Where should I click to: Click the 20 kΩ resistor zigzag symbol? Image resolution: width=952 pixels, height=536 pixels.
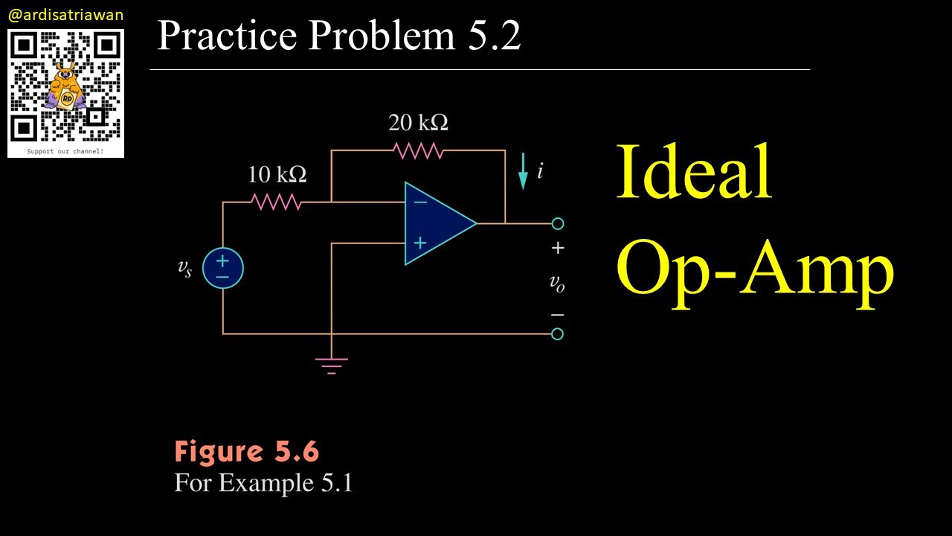(419, 150)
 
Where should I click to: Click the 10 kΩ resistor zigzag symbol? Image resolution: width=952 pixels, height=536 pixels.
(276, 202)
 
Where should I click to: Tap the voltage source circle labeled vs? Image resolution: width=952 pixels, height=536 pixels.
(222, 268)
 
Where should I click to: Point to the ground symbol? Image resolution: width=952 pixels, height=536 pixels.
(331, 366)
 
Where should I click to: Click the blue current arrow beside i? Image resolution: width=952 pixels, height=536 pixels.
(523, 171)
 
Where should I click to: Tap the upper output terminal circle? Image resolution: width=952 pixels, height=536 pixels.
(558, 223)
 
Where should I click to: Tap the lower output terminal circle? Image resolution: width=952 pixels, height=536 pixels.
(558, 334)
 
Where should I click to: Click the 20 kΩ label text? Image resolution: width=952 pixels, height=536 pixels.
(418, 122)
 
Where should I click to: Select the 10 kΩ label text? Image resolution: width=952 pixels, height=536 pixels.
(277, 175)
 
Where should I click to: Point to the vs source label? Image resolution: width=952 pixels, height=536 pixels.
(184, 269)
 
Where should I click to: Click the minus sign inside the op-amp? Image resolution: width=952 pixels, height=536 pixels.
(420, 202)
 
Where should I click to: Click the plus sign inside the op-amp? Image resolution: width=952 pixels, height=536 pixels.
(420, 243)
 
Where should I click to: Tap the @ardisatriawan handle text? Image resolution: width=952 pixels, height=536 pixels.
(65, 15)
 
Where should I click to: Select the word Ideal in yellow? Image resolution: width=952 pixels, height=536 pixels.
(693, 173)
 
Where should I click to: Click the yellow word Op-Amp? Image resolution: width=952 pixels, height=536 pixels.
(754, 269)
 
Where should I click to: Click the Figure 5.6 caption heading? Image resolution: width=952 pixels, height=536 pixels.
(246, 452)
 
